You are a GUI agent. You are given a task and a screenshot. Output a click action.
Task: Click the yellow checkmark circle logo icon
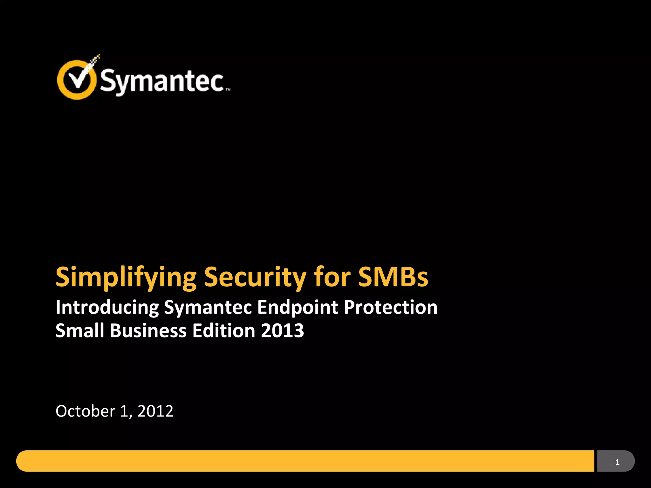[x=76, y=79]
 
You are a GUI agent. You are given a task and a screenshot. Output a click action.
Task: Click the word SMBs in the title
[x=393, y=277]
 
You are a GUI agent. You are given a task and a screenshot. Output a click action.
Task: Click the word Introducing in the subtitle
[x=107, y=308]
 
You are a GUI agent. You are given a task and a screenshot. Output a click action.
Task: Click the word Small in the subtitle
[x=80, y=331]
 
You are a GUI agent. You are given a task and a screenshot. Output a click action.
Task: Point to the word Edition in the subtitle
[x=224, y=331]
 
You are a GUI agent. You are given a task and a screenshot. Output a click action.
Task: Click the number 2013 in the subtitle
[x=282, y=331]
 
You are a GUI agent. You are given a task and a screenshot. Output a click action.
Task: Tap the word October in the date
[x=85, y=411]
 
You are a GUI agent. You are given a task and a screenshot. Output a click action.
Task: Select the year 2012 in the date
[x=155, y=411]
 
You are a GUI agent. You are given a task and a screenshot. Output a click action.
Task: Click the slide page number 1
[x=617, y=462]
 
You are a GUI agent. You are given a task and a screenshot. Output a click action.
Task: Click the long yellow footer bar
[x=305, y=461]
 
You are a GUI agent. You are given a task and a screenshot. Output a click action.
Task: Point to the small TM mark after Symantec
[x=228, y=90]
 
